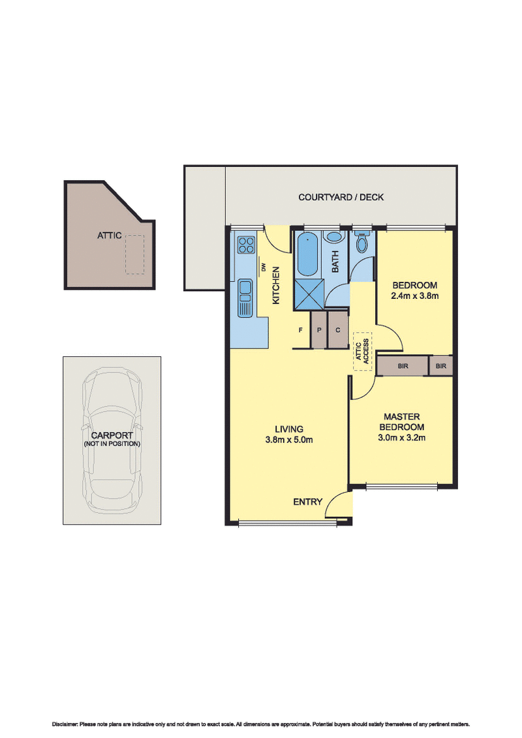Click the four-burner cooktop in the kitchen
[x=247, y=245]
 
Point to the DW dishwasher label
[x=264, y=267]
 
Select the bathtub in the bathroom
[x=307, y=255]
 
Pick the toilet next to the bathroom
[x=363, y=243]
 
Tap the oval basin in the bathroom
[x=334, y=239]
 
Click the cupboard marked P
[x=319, y=330]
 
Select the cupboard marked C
[x=338, y=330]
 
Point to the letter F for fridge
[x=301, y=330]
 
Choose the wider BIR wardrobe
[x=402, y=366]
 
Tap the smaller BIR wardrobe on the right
[x=441, y=366]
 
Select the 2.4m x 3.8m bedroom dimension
[x=414, y=296]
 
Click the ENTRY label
[x=308, y=502]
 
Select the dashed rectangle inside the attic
[x=135, y=254]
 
